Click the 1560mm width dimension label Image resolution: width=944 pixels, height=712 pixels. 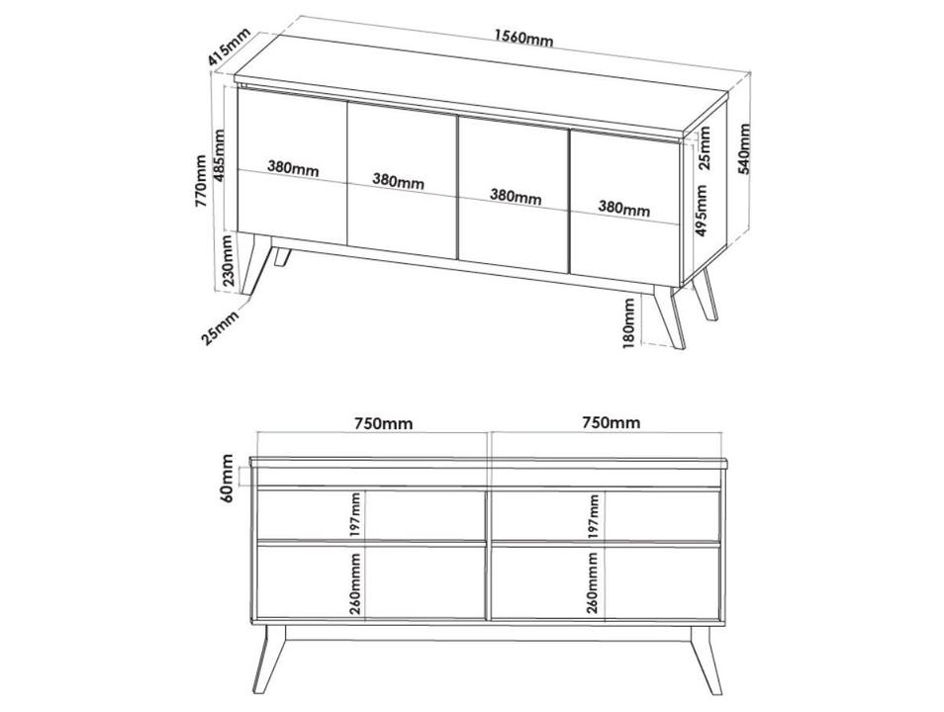[523, 39]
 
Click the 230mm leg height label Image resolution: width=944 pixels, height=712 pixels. [228, 260]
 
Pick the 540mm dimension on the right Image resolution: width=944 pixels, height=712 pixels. [745, 148]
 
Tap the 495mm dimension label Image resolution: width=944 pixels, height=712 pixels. [701, 211]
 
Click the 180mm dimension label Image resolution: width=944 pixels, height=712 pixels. [628, 323]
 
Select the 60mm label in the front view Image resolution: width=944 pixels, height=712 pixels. [227, 479]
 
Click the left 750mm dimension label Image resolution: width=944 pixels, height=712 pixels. [384, 423]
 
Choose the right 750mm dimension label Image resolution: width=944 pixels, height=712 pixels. [612, 422]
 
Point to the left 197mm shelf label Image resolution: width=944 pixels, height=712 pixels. [356, 515]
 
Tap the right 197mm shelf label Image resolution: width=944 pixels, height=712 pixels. [595, 516]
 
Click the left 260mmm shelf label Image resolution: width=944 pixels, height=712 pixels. [356, 583]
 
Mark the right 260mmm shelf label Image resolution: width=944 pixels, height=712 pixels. [593, 583]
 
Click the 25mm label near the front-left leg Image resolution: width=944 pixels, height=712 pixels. [220, 326]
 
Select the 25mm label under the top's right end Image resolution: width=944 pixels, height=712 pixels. [705, 148]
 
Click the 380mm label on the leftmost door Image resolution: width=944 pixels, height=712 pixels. [293, 168]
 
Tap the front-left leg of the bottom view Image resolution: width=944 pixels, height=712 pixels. [269, 660]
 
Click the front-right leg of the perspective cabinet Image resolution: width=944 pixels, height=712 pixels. [669, 316]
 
